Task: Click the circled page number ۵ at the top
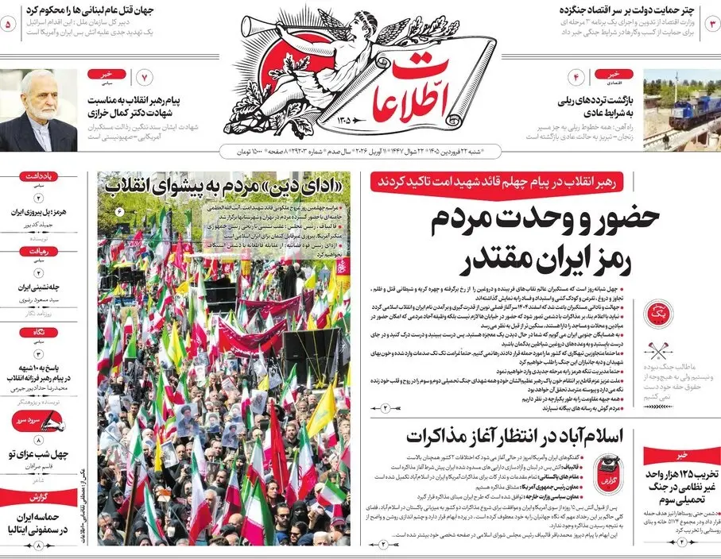(9, 25)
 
